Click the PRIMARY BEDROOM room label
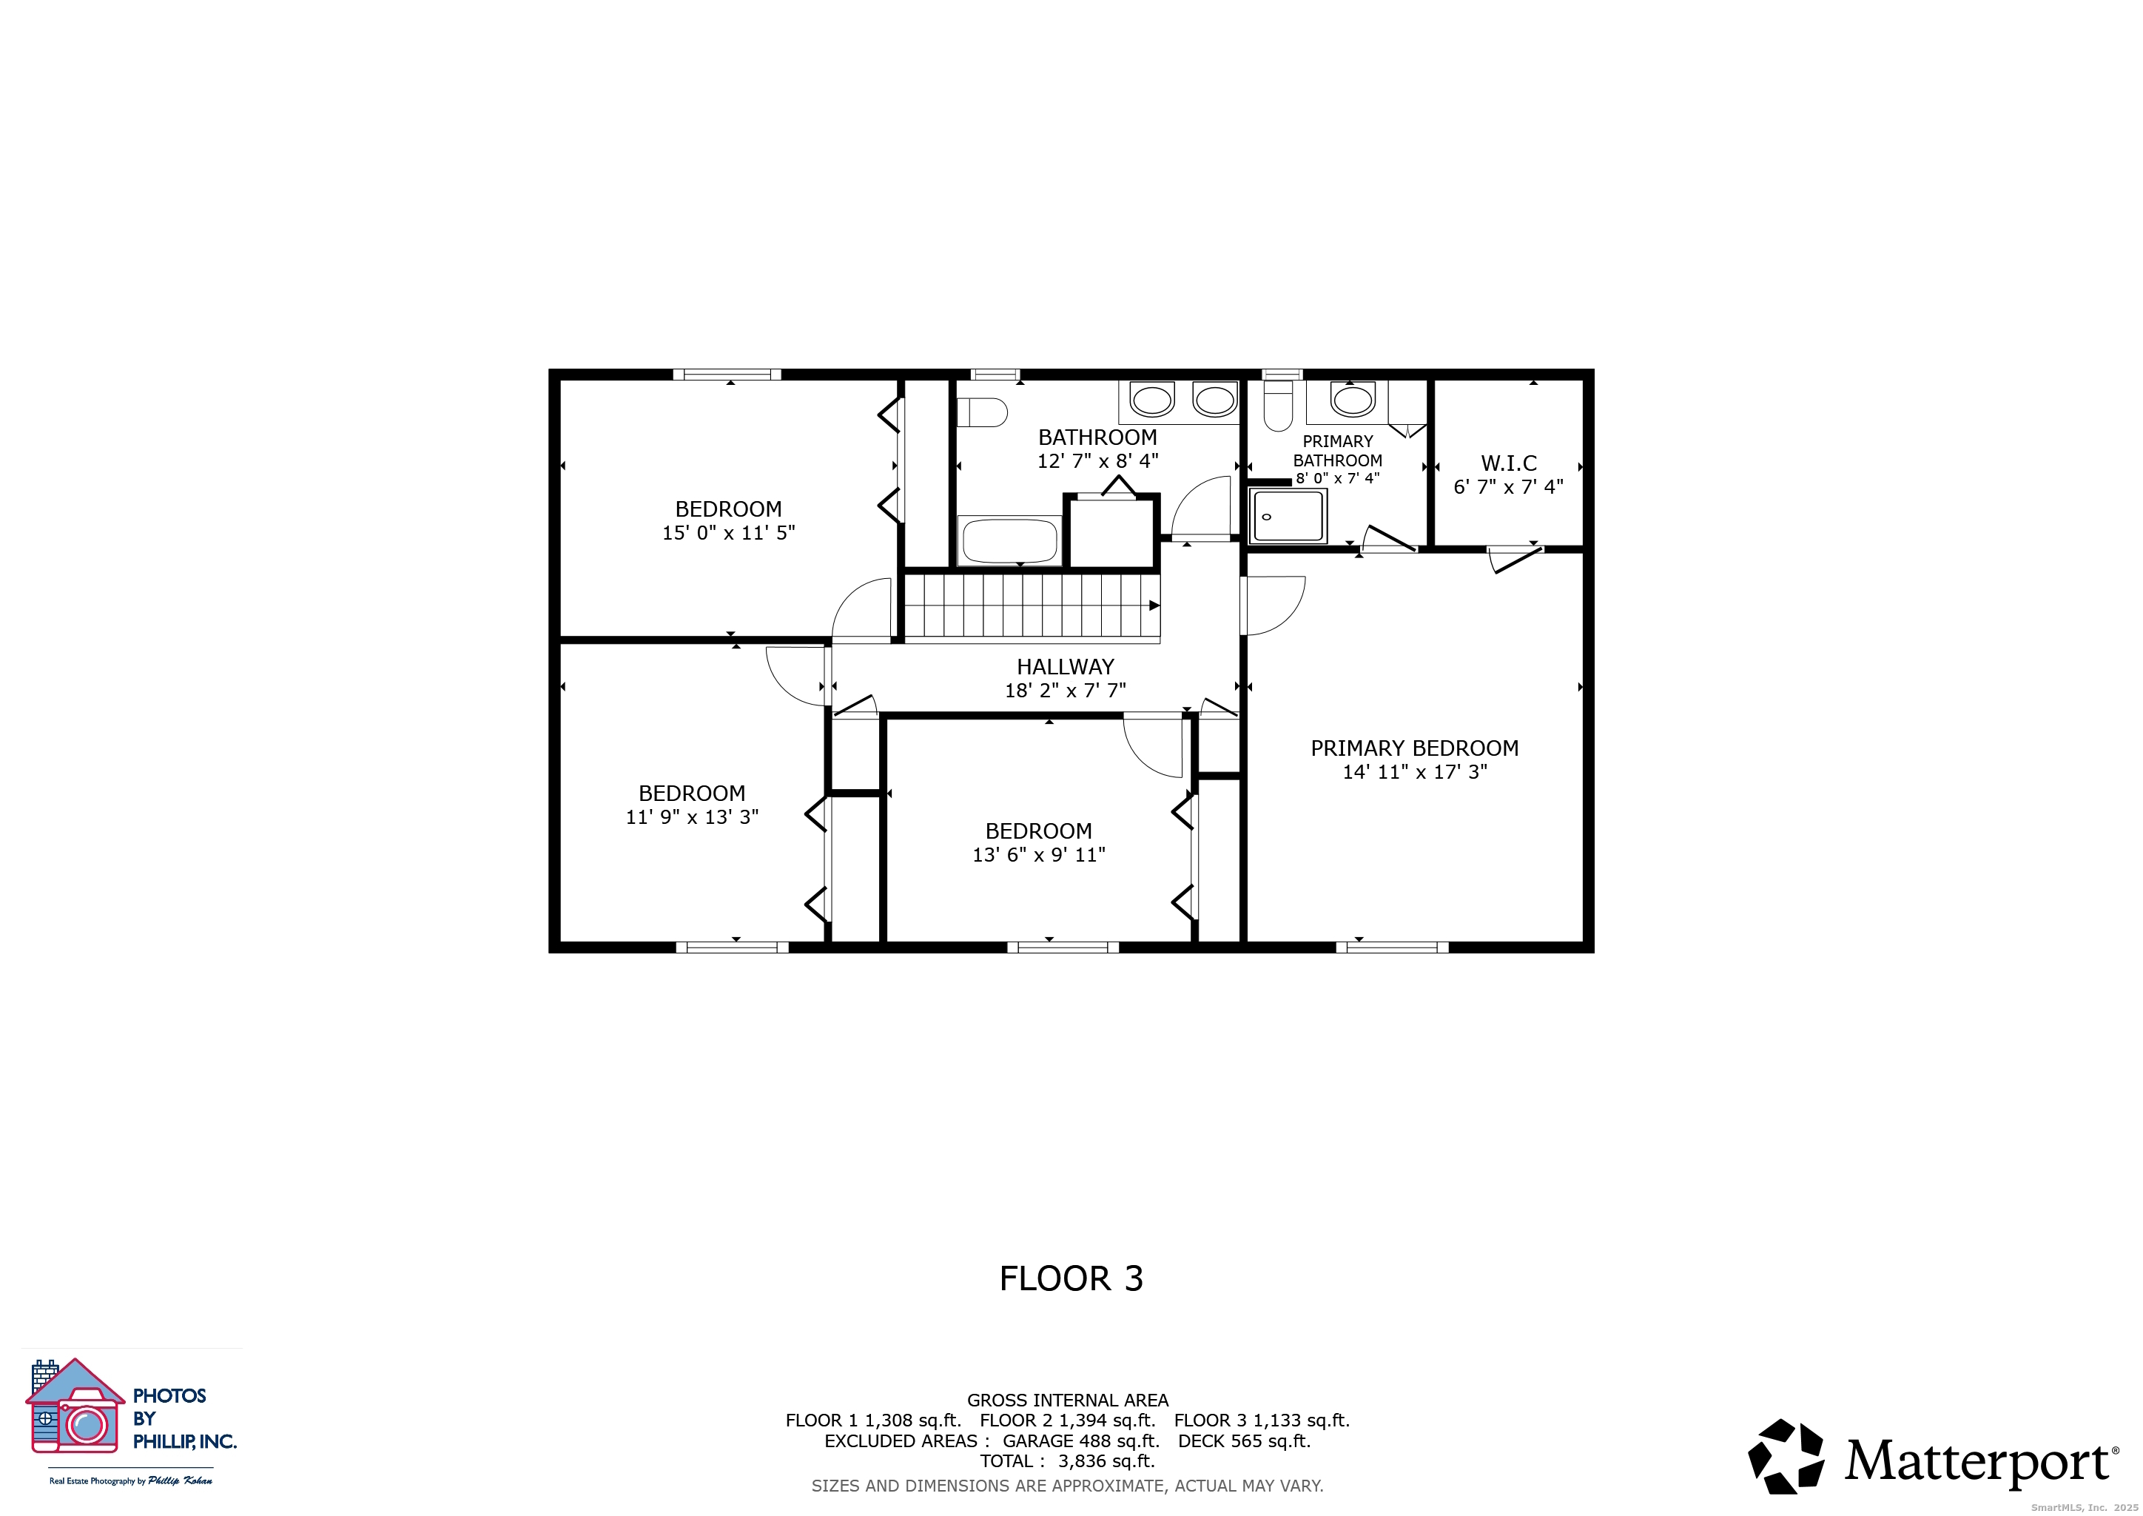pos(1414,748)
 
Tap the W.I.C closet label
pos(1508,463)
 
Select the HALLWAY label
pos(1065,666)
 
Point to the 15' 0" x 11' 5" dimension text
pos(728,533)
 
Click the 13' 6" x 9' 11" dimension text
pos(1039,855)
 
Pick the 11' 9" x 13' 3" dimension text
pos(692,816)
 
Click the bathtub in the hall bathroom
pos(1010,540)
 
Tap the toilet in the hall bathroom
pos(983,412)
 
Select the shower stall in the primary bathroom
pos(1288,515)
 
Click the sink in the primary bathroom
pos(1353,400)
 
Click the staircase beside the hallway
pos(1032,608)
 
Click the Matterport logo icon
pos(1786,1458)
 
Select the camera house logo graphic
pos(75,1406)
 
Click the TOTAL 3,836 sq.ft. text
pos(1067,1462)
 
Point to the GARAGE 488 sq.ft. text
pos(1081,1441)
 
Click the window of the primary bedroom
pos(1392,947)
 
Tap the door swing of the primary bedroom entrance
pos(1275,606)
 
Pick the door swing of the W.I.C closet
pos(1515,559)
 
